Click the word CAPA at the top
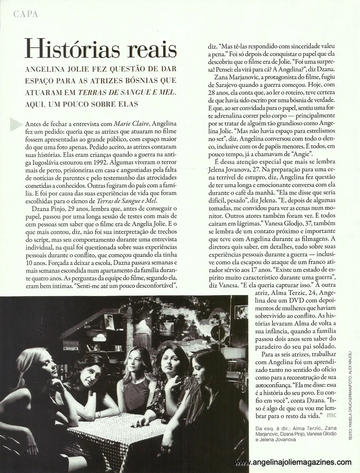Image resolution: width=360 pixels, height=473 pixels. pyautogui.click(x=25, y=14)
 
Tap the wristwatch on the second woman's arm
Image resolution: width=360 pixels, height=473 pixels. pyautogui.click(x=99, y=414)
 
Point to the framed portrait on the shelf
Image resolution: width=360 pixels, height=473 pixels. pyautogui.click(x=109, y=322)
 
